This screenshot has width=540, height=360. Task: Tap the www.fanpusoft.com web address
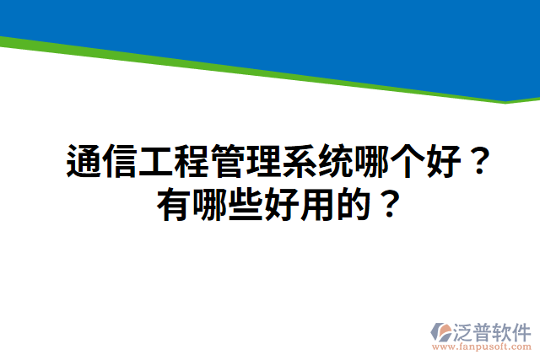point(482,347)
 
